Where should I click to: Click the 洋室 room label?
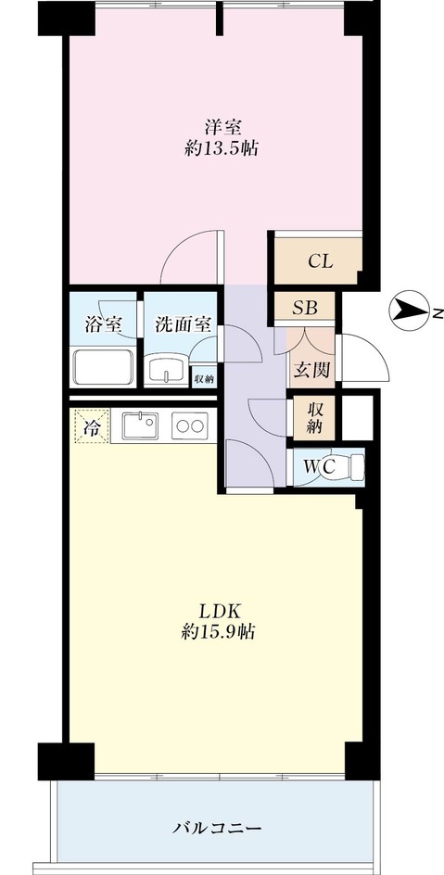[222, 127]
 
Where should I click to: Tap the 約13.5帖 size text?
[222, 149]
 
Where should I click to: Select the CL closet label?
[321, 261]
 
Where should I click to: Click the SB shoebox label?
[305, 308]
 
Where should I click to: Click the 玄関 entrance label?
[311, 369]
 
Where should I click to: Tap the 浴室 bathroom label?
[103, 324]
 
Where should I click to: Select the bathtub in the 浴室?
[103, 367]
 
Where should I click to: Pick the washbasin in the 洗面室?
[166, 369]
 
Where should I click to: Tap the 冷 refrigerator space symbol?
[91, 427]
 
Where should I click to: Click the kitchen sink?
[140, 426]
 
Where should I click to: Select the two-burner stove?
[190, 425]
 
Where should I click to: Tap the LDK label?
[220, 611]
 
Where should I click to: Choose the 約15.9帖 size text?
[218, 632]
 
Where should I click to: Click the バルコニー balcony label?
[216, 827]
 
